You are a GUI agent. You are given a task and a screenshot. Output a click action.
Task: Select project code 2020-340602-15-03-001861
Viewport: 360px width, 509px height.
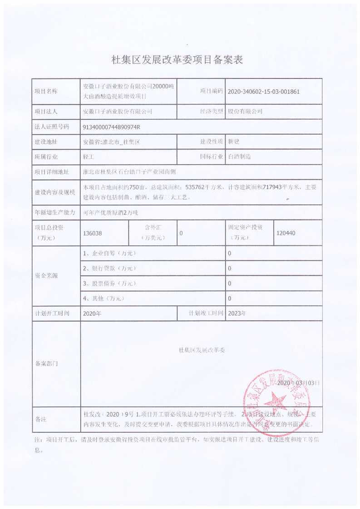tap(263, 91)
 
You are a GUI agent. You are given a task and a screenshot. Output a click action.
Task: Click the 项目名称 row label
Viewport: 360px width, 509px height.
tap(46, 91)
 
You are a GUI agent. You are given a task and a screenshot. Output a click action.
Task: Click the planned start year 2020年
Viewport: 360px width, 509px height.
tap(93, 313)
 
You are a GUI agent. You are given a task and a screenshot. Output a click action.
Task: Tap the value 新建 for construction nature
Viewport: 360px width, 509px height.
tap(233, 142)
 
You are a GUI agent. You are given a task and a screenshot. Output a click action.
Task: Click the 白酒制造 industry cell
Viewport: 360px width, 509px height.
tap(239, 157)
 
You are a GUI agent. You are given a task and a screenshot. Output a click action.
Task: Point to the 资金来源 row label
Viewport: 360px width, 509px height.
tap(46, 276)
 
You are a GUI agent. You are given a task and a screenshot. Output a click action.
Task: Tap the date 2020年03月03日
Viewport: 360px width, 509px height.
tap(299, 383)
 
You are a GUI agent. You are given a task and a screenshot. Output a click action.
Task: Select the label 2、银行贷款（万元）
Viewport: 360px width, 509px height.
tap(109, 268)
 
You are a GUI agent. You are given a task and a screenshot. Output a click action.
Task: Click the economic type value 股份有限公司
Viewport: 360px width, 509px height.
tap(245, 111)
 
